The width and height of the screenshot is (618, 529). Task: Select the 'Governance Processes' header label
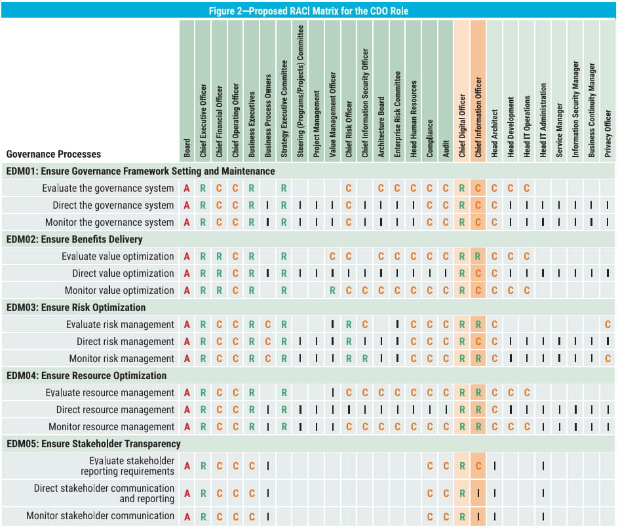[x=54, y=154]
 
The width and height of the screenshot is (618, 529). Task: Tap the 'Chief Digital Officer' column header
[x=462, y=126]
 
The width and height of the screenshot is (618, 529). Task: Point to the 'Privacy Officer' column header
[x=608, y=134]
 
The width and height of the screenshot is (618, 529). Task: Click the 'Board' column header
[x=187, y=148]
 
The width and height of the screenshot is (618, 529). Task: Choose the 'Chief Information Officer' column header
[x=478, y=117]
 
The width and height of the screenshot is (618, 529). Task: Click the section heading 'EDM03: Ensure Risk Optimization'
[x=76, y=308]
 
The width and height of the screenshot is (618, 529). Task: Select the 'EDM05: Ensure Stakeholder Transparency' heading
[x=94, y=444]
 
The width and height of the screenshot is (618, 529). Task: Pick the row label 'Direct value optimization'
[x=123, y=273]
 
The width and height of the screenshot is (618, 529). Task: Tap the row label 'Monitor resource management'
[x=111, y=427]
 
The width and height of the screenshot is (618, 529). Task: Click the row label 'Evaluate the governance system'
[x=108, y=188]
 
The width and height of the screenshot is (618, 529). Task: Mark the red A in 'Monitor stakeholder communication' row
[x=187, y=517]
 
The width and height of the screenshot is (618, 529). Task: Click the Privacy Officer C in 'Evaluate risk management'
[x=608, y=324]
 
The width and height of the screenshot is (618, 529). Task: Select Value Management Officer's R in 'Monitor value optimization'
[x=333, y=291]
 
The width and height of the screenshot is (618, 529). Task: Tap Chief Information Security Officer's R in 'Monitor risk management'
[x=365, y=359]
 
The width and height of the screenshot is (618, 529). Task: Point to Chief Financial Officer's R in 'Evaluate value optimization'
[x=219, y=256]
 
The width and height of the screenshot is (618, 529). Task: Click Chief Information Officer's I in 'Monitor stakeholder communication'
[x=478, y=517]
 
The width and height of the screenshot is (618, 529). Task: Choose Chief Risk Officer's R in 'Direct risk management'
[x=349, y=341]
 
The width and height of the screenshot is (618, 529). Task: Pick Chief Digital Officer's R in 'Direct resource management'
[x=462, y=410]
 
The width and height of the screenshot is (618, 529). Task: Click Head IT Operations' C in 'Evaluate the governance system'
[x=526, y=188]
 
